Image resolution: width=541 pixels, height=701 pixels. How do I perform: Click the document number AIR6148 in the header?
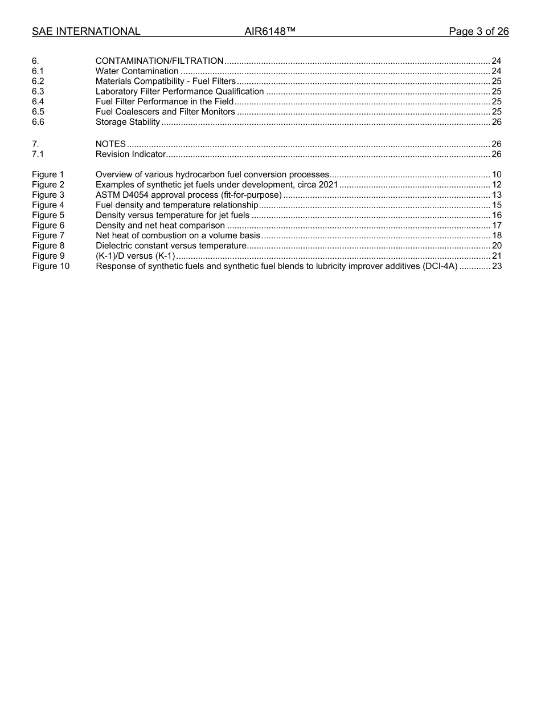270,31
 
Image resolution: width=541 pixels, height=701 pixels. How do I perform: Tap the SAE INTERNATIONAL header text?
86,31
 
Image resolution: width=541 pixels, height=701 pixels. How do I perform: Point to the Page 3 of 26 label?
478,31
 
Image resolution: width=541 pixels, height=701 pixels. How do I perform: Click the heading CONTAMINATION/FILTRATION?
159,61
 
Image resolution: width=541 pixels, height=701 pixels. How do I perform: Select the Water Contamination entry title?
137,71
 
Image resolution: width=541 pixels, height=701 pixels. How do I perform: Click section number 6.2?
38,81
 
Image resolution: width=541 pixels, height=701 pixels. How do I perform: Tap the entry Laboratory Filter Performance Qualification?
179,92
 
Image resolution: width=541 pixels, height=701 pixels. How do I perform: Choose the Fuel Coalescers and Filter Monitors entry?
165,112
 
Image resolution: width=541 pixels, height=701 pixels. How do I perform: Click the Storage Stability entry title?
128,122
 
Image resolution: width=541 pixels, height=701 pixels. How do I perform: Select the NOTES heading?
110,144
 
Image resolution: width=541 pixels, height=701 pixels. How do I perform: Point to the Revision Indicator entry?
130,154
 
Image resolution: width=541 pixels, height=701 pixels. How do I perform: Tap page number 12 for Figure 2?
497,185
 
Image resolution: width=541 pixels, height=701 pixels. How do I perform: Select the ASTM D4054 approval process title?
188,195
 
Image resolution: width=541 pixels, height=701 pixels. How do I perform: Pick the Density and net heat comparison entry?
160,226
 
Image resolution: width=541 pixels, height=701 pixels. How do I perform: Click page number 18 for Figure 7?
497,235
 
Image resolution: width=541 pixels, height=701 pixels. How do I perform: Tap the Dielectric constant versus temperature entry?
171,246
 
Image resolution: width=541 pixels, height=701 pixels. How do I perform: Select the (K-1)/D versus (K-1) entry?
135,256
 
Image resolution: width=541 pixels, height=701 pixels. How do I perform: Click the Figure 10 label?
51,266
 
